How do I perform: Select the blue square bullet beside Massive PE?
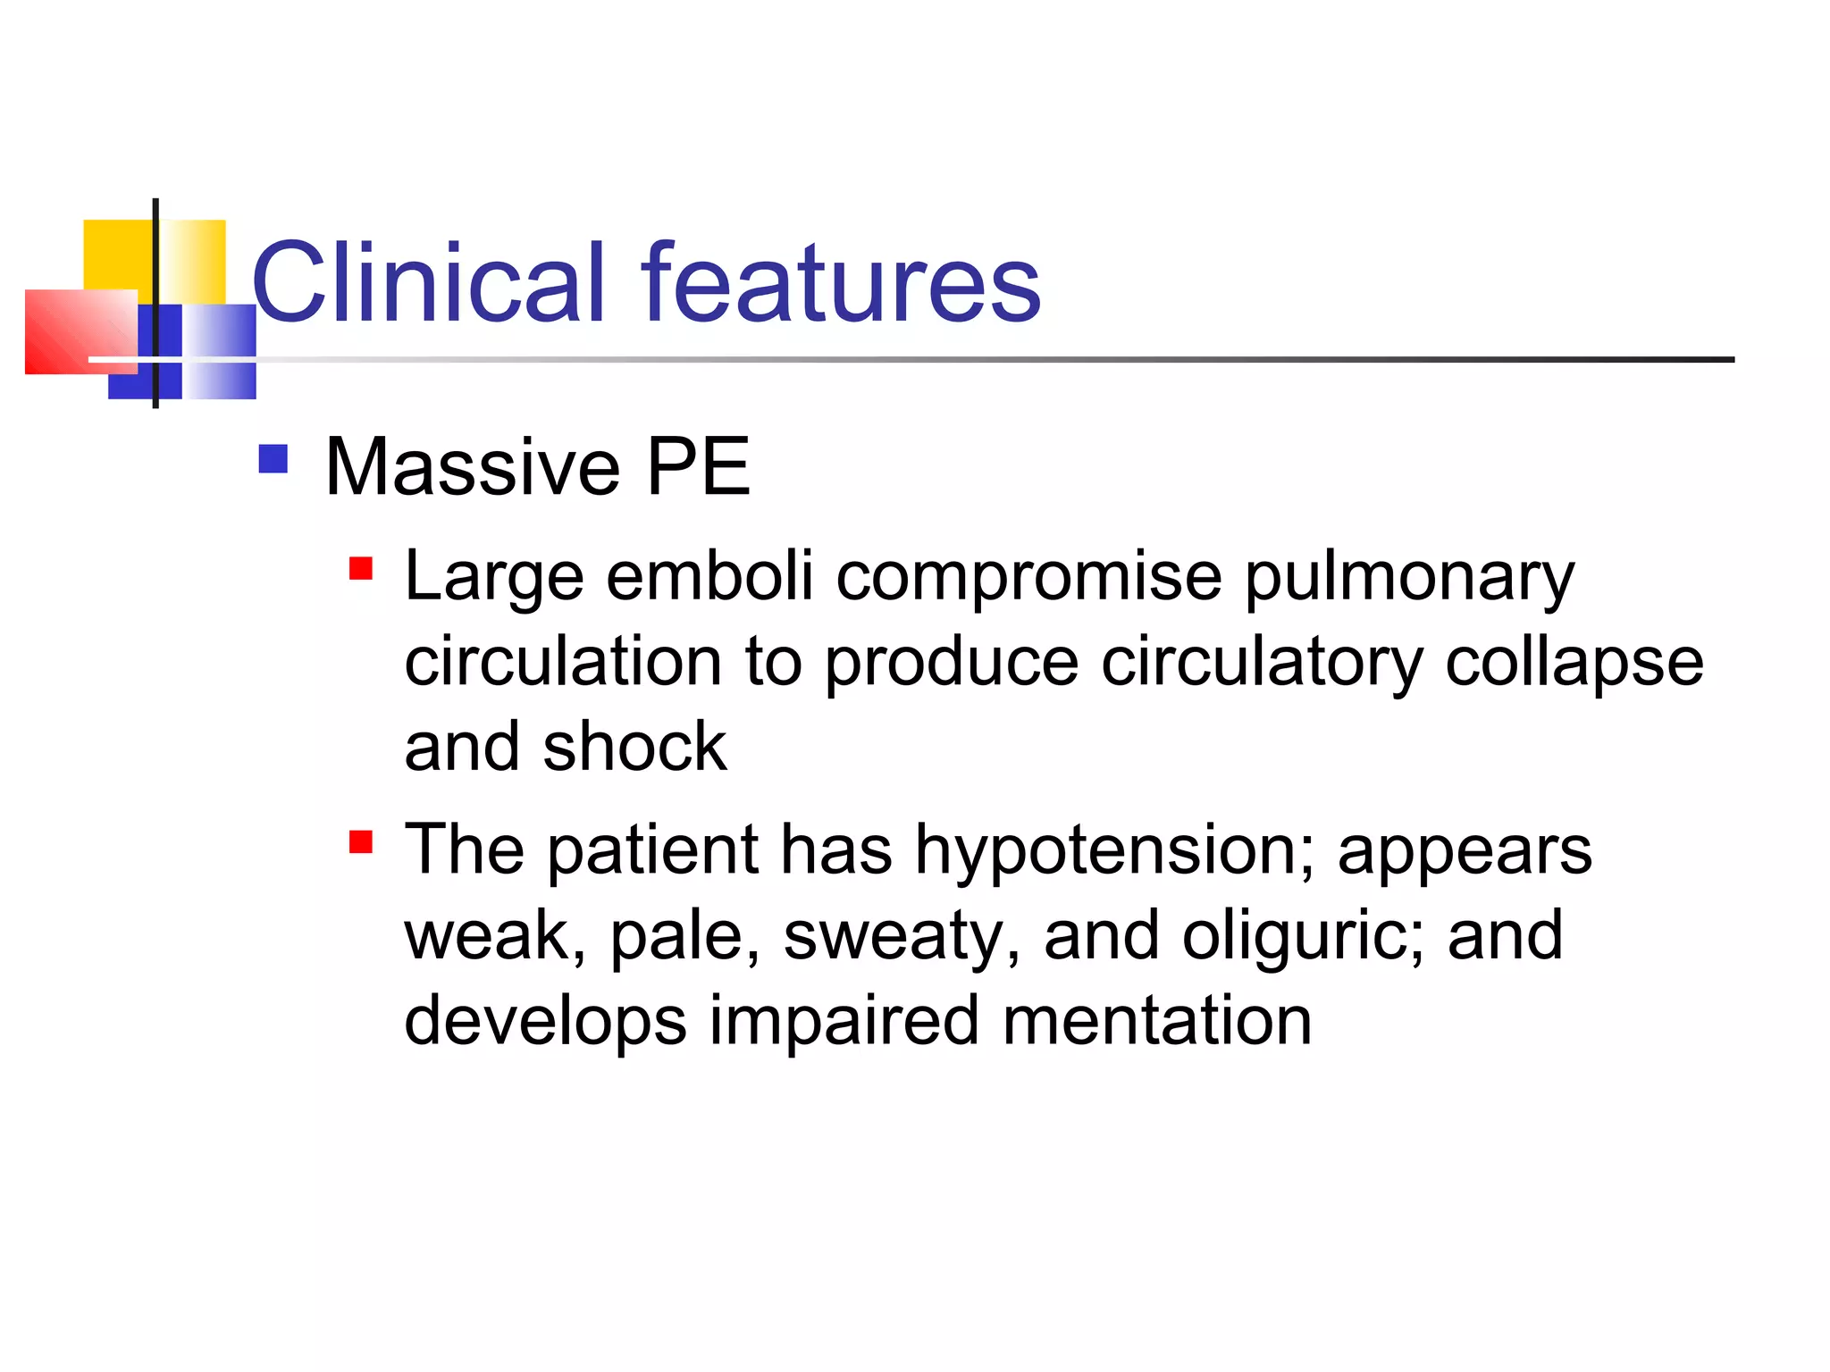(273, 459)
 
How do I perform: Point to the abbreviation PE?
(698, 467)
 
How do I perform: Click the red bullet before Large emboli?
(361, 568)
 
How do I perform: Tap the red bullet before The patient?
(361, 841)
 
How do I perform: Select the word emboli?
(709, 576)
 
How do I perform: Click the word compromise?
(1028, 578)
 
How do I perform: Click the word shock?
(634, 747)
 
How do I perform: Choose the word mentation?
(1157, 1020)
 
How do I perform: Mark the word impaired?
(844, 1022)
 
